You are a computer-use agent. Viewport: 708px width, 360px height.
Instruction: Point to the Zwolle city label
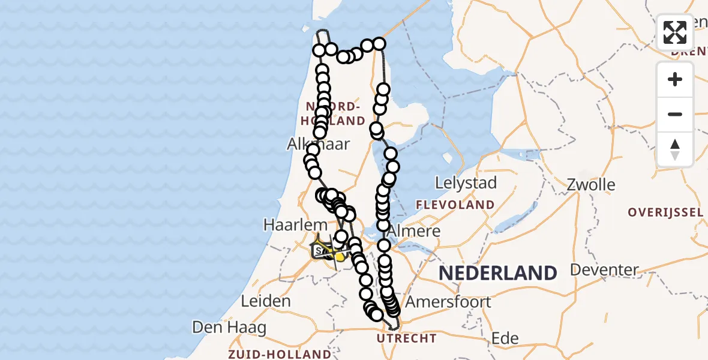pos(591,184)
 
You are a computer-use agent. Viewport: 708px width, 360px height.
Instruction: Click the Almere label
pos(414,231)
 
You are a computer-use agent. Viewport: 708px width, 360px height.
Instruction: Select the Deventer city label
pos(605,269)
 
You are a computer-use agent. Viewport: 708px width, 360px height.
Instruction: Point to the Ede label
pos(505,338)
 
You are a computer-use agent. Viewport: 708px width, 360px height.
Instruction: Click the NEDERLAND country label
pos(497,273)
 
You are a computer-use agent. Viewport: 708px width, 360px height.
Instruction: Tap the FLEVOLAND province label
pos(456,205)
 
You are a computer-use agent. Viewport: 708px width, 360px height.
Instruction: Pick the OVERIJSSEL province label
pos(665,212)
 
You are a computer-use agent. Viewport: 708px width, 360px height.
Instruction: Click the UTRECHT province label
pos(407,339)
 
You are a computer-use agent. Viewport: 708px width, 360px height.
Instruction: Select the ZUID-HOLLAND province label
pos(279,354)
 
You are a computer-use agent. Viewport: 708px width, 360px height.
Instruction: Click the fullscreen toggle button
pos(675,32)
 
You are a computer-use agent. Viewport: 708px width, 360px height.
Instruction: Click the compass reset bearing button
pos(675,149)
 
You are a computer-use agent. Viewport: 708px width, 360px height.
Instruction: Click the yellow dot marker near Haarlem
pos(340,257)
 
